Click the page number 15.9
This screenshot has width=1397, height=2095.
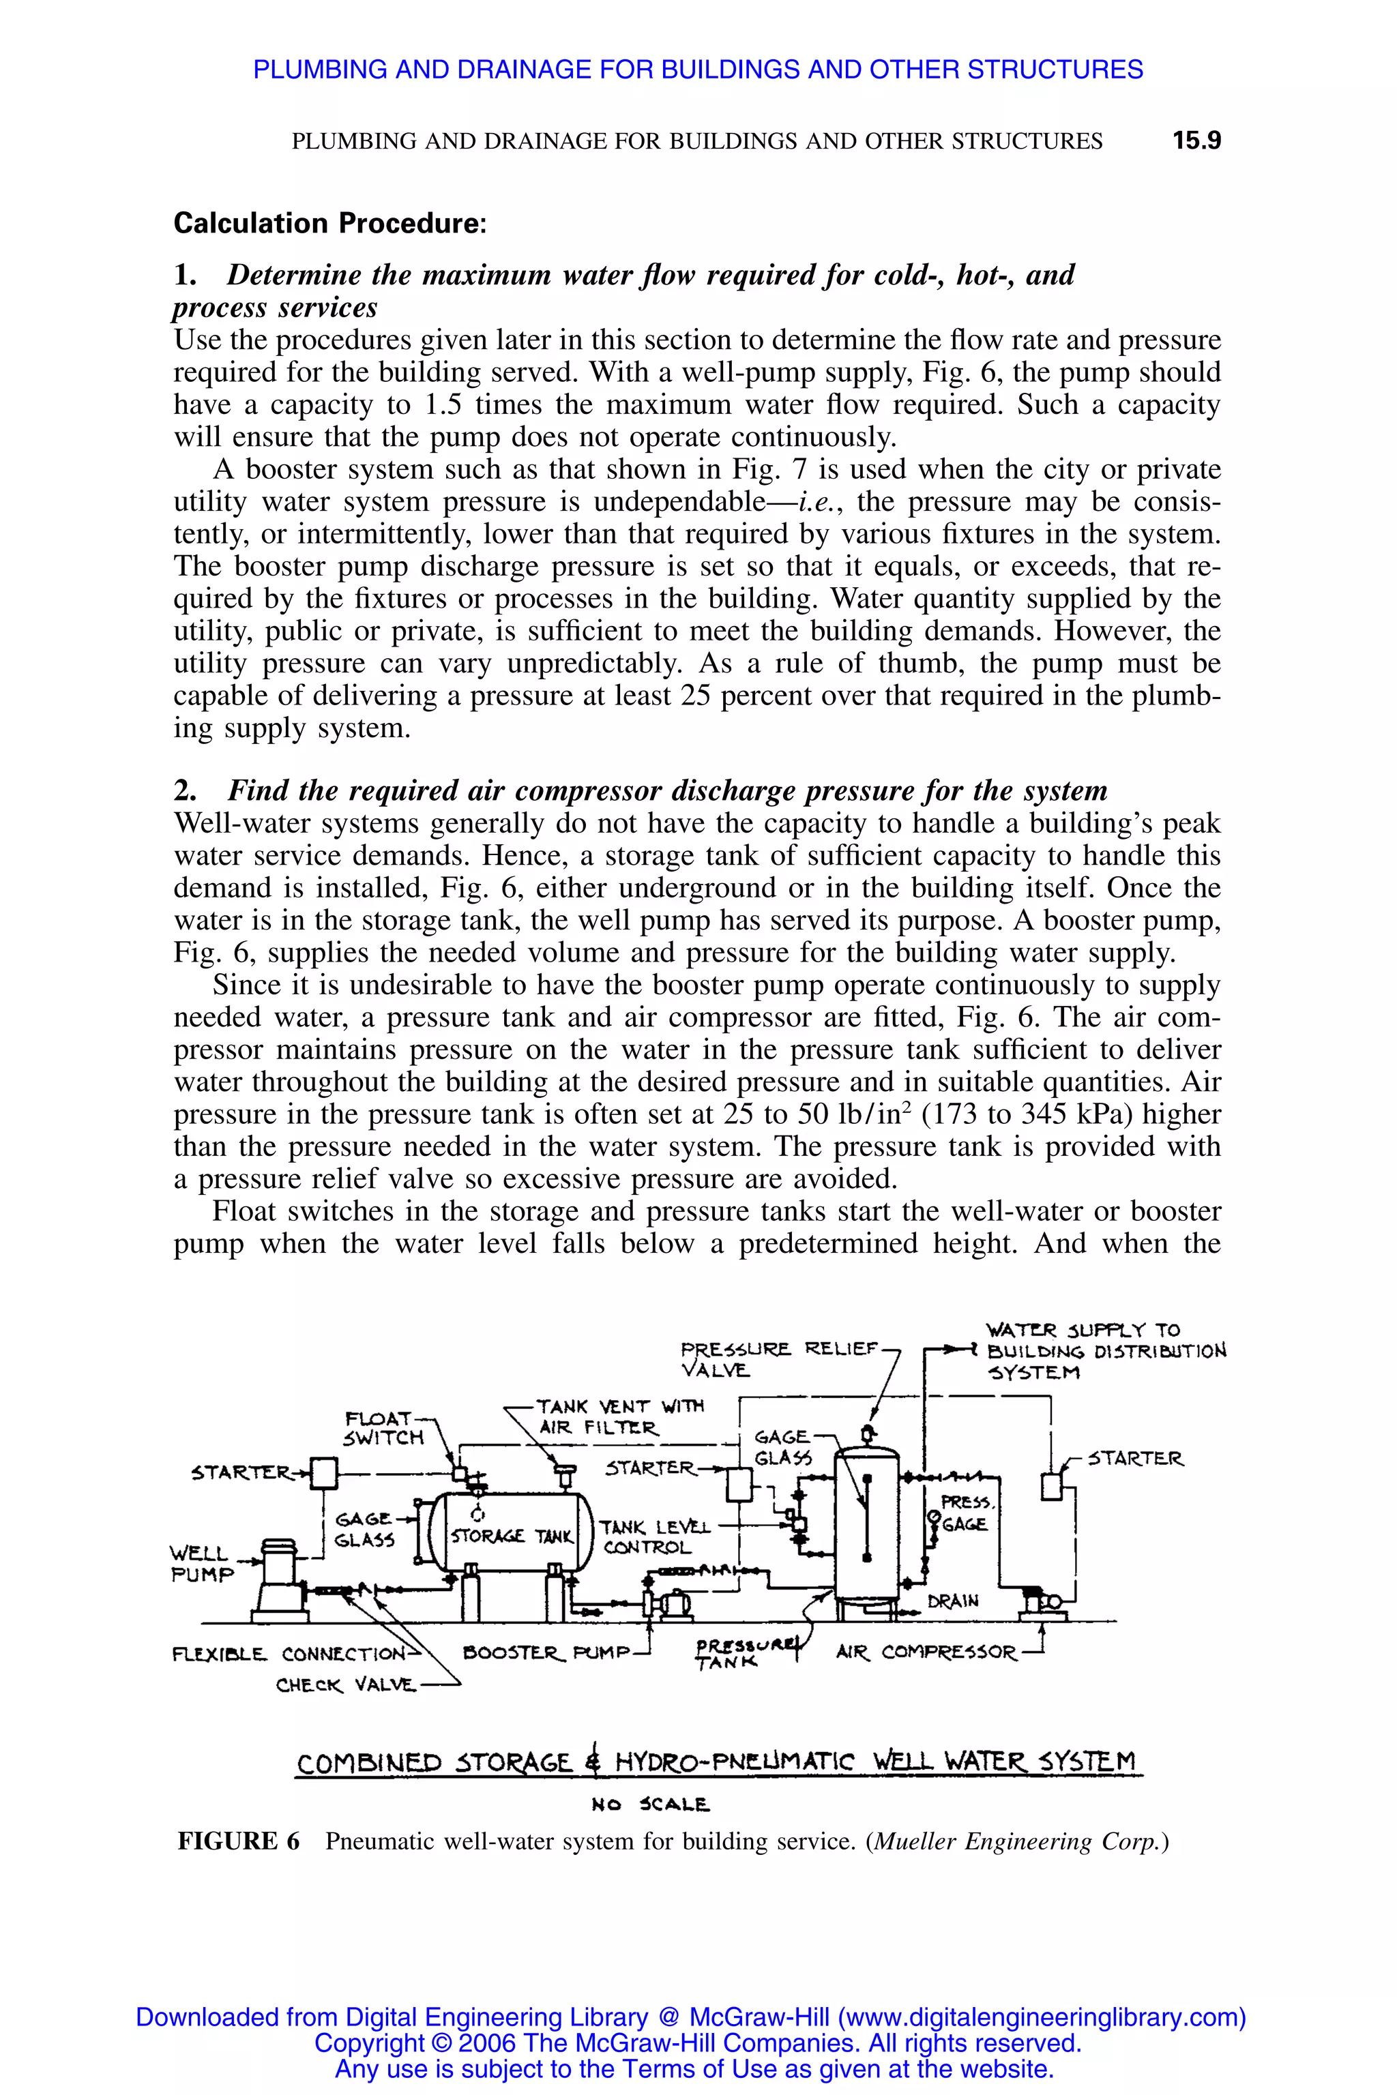(x=1196, y=140)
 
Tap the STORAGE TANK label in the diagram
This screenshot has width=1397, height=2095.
(x=512, y=1536)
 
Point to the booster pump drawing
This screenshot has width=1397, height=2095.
(x=668, y=1604)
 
